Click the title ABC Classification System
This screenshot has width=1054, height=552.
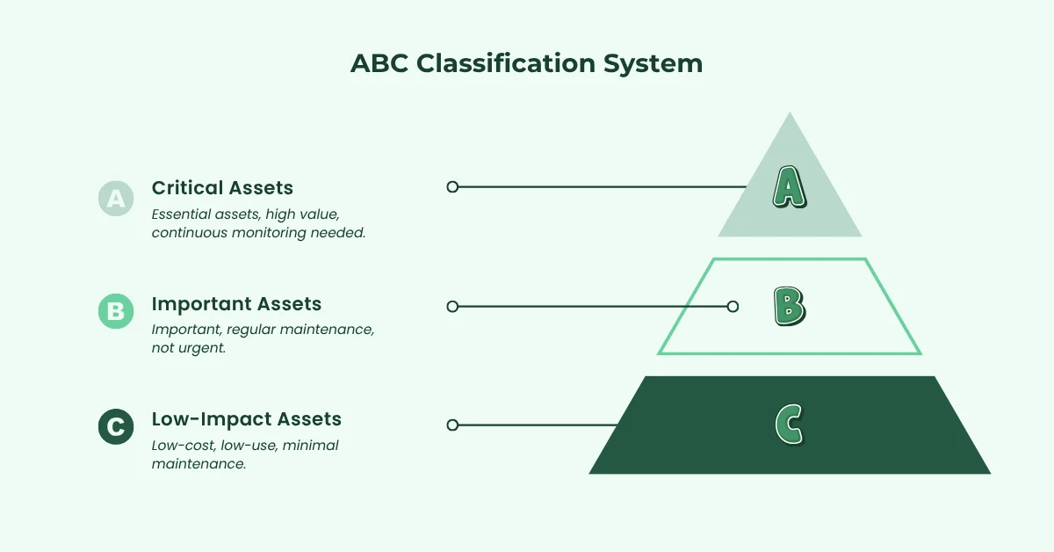pyautogui.click(x=526, y=64)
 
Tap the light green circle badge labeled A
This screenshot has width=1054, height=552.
pyautogui.click(x=115, y=199)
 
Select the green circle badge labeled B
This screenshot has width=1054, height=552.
pyautogui.click(x=115, y=311)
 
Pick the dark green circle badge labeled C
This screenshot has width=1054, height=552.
pyautogui.click(x=115, y=426)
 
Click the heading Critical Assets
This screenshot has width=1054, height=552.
pyautogui.click(x=222, y=187)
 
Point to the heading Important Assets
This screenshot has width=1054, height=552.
pyautogui.click(x=236, y=304)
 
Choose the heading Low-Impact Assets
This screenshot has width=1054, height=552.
pyautogui.click(x=246, y=418)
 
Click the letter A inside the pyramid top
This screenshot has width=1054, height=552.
pyautogui.click(x=789, y=187)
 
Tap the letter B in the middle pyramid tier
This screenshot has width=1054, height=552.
pyautogui.click(x=789, y=307)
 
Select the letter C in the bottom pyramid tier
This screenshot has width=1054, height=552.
pyautogui.click(x=789, y=425)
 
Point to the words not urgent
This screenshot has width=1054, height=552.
pyautogui.click(x=189, y=348)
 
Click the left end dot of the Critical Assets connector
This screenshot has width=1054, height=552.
pyautogui.click(x=452, y=186)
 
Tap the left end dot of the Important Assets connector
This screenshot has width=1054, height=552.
pyautogui.click(x=452, y=307)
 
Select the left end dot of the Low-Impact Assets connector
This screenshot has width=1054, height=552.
pyautogui.click(x=452, y=425)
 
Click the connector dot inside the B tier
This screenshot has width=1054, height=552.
pyautogui.click(x=733, y=307)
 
